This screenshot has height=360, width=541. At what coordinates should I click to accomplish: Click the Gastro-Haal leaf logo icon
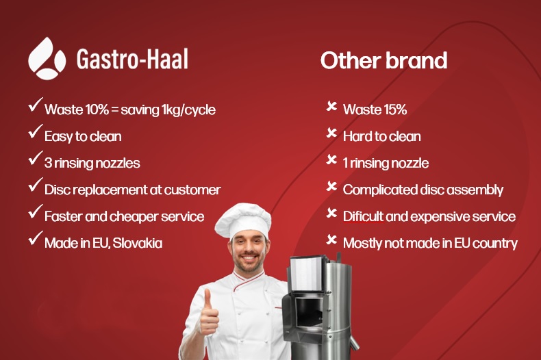pos(47,59)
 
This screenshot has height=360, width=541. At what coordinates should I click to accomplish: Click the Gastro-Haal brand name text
pos(132,59)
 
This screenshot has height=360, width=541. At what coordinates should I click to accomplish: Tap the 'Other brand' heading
pos(383,60)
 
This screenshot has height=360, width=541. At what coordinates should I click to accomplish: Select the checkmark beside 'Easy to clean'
pos(36,131)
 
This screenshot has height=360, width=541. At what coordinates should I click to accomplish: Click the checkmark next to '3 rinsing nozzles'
pos(36,158)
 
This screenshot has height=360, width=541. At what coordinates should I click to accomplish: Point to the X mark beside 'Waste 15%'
pos(331,106)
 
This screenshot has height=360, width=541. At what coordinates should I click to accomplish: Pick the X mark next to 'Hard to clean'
pos(331,133)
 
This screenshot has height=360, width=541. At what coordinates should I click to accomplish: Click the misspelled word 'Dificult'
pos(363,216)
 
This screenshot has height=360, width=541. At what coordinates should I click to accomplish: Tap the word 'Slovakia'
pos(138,243)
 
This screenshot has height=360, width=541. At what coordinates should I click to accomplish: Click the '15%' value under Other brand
pos(395,110)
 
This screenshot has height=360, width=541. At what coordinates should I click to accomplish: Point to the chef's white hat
pos(243,220)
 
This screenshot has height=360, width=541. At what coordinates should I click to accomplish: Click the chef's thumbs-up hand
pos(209,313)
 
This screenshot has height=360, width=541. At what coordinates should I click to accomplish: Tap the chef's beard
pos(248,263)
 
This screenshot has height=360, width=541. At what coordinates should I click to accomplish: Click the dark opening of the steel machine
pos(308,313)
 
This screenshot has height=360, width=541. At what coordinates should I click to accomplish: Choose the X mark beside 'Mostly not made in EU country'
pos(331,240)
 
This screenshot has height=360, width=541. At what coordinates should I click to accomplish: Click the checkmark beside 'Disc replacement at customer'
pos(36,185)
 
